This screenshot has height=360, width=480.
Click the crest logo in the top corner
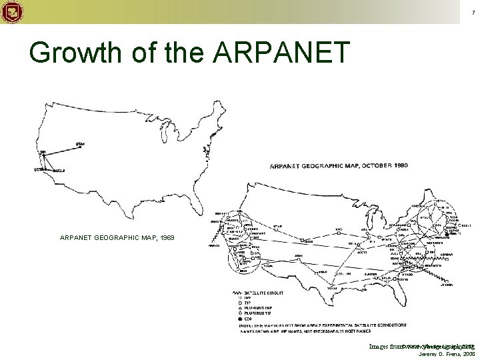pyautogui.click(x=13, y=11)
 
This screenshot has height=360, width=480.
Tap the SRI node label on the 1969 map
pyautogui.click(x=43, y=152)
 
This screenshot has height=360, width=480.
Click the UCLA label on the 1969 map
pyautogui.click(x=59, y=171)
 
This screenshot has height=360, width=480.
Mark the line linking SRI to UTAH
pyautogui.click(x=60, y=149)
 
